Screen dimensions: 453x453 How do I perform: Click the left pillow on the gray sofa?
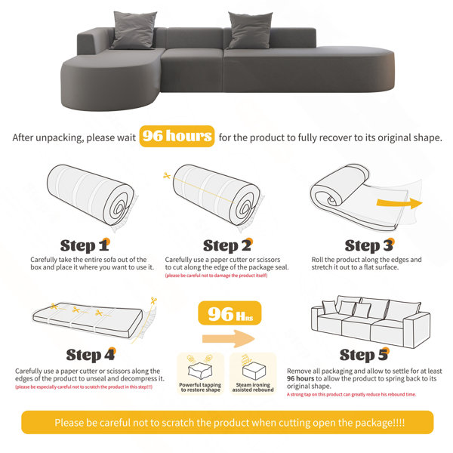[129, 29]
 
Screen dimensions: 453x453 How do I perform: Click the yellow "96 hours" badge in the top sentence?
[177, 137]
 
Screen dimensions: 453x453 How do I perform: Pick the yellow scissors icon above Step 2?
[166, 176]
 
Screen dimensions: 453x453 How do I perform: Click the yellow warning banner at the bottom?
[226, 422]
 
